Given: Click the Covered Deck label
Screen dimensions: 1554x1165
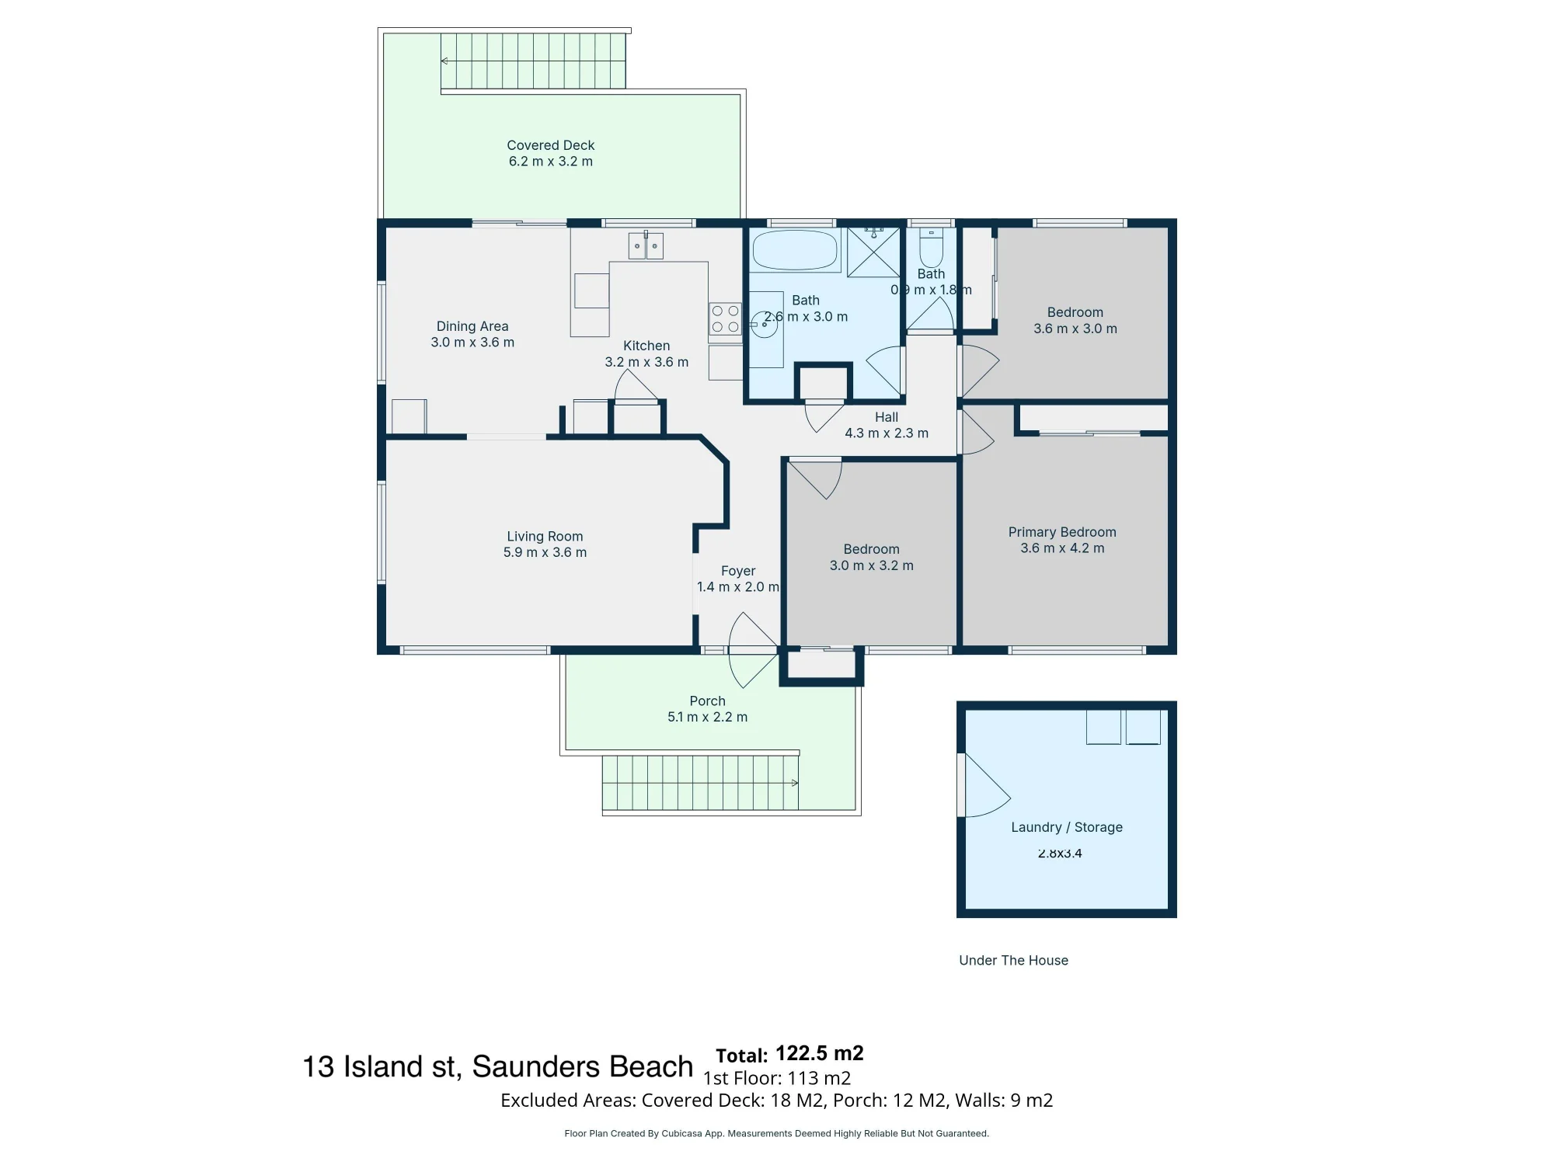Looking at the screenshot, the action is pyautogui.click(x=550, y=145).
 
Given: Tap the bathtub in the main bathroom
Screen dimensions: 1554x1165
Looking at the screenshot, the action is pyautogui.click(x=795, y=250).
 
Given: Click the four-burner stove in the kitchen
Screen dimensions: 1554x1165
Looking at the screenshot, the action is pyautogui.click(x=725, y=319).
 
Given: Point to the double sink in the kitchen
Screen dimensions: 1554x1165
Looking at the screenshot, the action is pyautogui.click(x=646, y=245).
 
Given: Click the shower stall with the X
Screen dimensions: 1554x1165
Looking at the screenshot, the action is pyautogui.click(x=873, y=252).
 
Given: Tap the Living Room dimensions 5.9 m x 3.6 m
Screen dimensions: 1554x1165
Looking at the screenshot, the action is pyautogui.click(x=545, y=552).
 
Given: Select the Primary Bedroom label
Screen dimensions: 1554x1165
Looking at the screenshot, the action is pyautogui.click(x=1062, y=532).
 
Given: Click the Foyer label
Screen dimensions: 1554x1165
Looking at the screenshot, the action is pyautogui.click(x=738, y=571).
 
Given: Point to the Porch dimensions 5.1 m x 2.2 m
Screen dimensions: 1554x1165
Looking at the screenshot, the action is pyautogui.click(x=707, y=717).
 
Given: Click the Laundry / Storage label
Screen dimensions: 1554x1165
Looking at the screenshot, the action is pyautogui.click(x=1067, y=827).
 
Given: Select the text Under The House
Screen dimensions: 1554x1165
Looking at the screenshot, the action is pyautogui.click(x=1013, y=960).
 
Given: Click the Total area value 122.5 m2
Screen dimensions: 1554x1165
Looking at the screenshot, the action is pyautogui.click(x=819, y=1053).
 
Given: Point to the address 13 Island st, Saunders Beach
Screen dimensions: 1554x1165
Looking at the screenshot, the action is pyautogui.click(x=497, y=1067).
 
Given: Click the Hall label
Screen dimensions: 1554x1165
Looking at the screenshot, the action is pyautogui.click(x=887, y=417).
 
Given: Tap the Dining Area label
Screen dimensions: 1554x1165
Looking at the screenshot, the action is pyautogui.click(x=472, y=326).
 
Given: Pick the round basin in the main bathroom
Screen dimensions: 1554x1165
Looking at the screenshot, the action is pyautogui.click(x=764, y=325).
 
